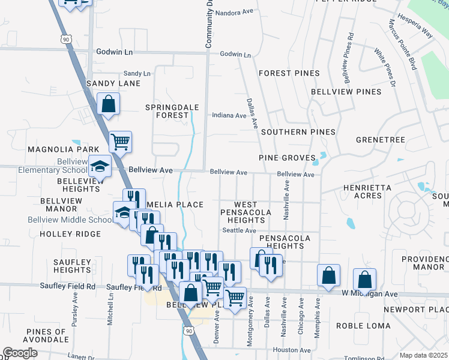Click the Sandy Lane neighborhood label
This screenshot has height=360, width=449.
point(113,83)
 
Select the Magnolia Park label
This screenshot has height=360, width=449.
point(54,149)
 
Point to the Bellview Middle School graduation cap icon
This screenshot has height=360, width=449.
point(124,212)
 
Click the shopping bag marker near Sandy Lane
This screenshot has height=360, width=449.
point(108,104)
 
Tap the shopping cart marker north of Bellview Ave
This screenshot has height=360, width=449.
point(120,142)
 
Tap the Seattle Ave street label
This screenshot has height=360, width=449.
point(239,230)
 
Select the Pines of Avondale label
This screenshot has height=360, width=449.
point(46,335)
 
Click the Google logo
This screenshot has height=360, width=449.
point(20,353)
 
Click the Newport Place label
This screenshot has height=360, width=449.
point(416,309)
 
